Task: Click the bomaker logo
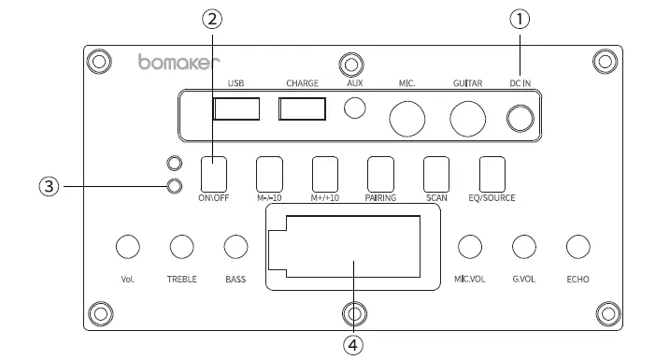(x=178, y=64)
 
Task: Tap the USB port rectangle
(x=236, y=108)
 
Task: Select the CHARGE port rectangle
(x=302, y=108)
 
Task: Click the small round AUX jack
(x=355, y=108)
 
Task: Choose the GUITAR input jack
(x=467, y=118)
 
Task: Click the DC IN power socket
(x=520, y=119)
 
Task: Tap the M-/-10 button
(x=269, y=174)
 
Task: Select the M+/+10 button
(x=324, y=174)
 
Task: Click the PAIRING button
(x=380, y=174)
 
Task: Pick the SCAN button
(x=436, y=174)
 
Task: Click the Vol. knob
(x=128, y=246)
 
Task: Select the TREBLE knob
(x=181, y=246)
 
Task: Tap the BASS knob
(x=235, y=246)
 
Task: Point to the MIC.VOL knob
(x=470, y=246)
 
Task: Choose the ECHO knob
(x=578, y=246)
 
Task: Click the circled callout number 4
(x=352, y=344)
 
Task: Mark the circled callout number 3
(x=49, y=185)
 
